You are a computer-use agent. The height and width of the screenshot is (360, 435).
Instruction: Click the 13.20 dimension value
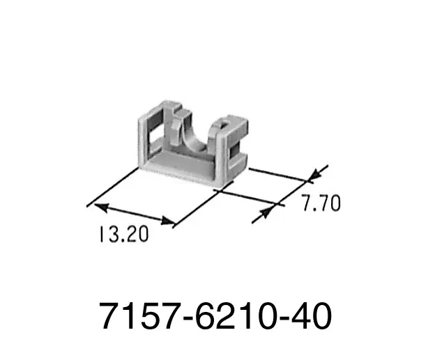click(x=123, y=234)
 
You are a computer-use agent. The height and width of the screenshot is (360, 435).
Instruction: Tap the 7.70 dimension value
click(x=321, y=203)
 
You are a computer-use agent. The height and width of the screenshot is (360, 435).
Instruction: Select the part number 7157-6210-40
click(x=215, y=316)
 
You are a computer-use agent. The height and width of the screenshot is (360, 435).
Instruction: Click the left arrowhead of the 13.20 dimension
click(x=101, y=207)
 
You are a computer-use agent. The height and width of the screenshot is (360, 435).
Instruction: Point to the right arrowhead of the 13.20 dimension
click(x=168, y=221)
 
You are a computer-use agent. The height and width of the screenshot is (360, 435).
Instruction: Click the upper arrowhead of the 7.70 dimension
click(x=315, y=175)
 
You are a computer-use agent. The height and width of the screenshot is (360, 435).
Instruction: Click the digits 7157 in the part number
click(x=139, y=316)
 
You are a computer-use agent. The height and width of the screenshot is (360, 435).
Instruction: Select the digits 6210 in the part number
click(x=235, y=316)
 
